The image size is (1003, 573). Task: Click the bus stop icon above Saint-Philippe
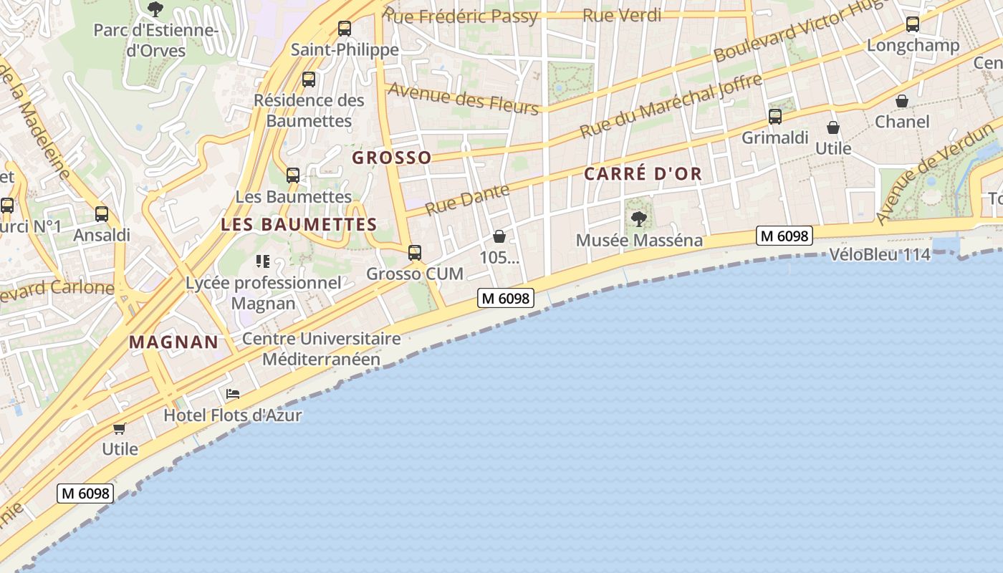[x=345, y=29]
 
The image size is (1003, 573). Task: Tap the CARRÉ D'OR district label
[x=643, y=174]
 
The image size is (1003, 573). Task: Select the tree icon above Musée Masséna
[x=639, y=218]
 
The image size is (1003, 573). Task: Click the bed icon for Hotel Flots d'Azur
[x=232, y=394]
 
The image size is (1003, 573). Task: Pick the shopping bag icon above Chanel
[x=902, y=101]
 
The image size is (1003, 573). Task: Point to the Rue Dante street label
[x=467, y=199]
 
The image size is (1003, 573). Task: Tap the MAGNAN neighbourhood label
[x=174, y=342]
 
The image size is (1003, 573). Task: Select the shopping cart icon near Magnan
[x=119, y=428]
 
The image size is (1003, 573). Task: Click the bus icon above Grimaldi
[x=774, y=117]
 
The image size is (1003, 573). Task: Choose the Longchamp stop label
[x=913, y=46]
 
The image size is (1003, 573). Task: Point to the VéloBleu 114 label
[x=880, y=254]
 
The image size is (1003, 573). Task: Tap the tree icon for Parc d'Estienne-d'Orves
[x=155, y=9]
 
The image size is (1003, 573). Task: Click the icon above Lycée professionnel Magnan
[x=262, y=261]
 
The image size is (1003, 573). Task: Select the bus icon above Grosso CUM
[x=414, y=252]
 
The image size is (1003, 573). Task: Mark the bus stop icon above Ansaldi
[x=102, y=213]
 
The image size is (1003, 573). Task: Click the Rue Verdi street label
[x=622, y=16]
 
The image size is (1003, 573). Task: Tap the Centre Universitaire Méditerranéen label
[x=321, y=349]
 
